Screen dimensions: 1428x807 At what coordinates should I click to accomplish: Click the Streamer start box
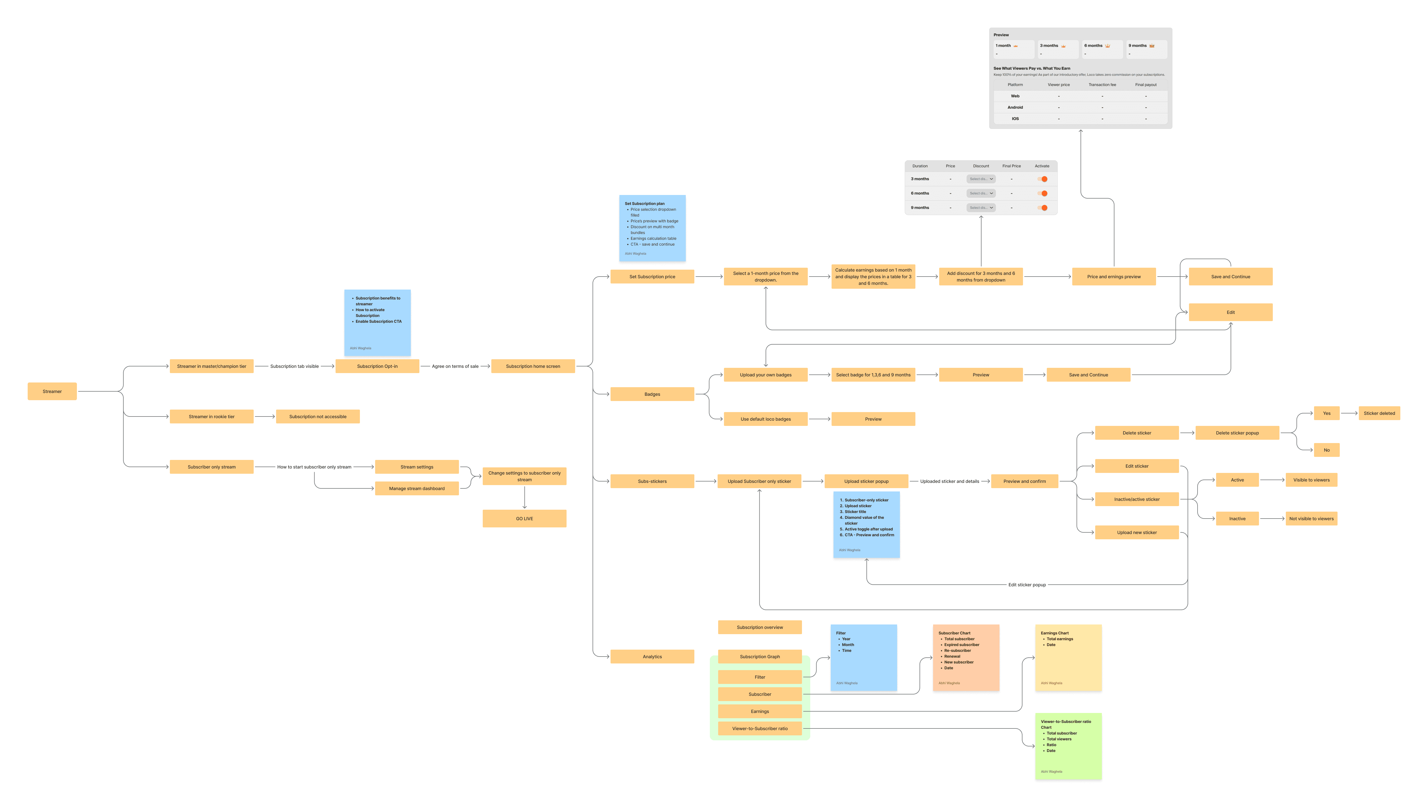click(52, 391)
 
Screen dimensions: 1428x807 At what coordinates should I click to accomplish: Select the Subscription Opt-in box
click(377, 366)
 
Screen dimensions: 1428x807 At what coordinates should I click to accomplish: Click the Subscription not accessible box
click(318, 417)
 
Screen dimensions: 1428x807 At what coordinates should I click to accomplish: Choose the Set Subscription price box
click(652, 277)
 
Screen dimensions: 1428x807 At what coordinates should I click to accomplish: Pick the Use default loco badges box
click(765, 419)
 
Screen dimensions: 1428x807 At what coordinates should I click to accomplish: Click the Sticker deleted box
click(1379, 413)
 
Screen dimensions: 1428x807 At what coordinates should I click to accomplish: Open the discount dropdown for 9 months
click(981, 208)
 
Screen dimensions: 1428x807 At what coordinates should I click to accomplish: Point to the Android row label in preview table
click(1015, 108)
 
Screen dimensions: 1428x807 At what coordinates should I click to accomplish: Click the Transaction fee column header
click(1102, 85)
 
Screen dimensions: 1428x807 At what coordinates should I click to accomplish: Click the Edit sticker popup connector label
click(1027, 585)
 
